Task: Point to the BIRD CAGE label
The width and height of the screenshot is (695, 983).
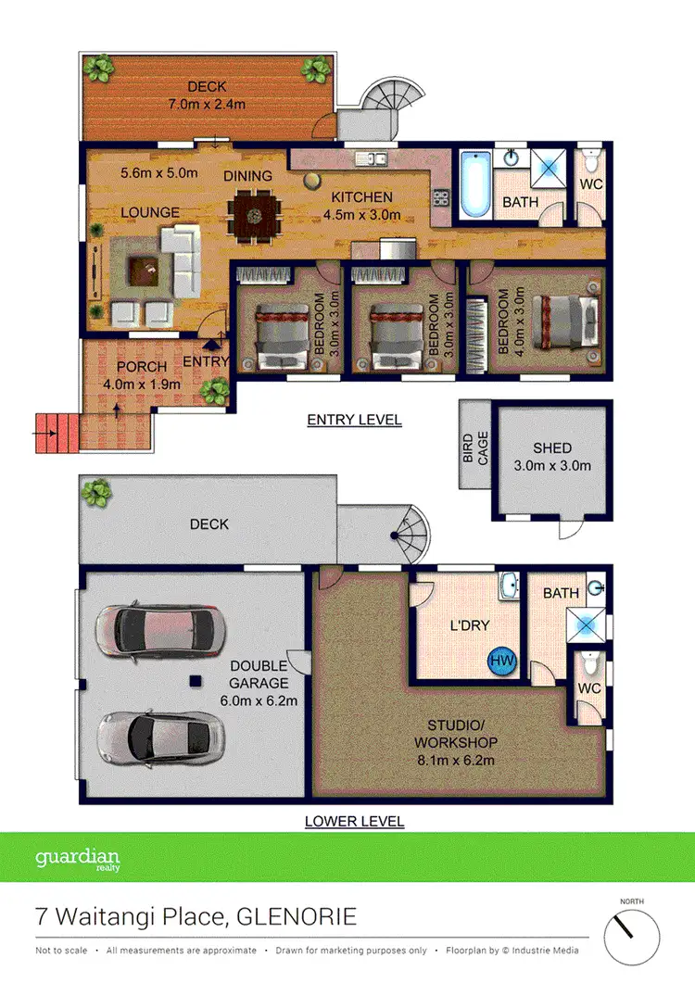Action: pos(474,445)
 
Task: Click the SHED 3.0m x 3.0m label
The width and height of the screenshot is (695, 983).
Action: pos(552,457)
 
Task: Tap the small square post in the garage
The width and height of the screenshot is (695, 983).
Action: pos(196,682)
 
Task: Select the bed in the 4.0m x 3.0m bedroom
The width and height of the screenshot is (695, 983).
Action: pos(562,317)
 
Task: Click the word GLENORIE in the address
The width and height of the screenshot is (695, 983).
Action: pos(297,918)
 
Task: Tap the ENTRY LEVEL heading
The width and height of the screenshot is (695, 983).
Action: pos(354,420)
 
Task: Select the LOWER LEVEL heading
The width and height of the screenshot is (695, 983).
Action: pos(355,821)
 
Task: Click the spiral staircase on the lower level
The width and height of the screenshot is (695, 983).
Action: pos(409,536)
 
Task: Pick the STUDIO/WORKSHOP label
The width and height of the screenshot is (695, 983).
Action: pos(455,734)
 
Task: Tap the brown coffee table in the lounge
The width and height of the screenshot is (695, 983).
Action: pos(144,270)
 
